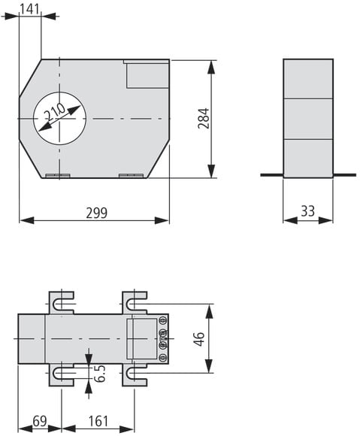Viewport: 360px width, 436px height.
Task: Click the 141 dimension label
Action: (30, 9)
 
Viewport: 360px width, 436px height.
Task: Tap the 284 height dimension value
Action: (203, 118)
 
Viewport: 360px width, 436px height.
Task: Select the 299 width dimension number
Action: (96, 213)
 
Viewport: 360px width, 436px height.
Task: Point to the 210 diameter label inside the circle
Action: (56, 112)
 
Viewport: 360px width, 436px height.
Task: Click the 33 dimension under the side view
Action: (307, 211)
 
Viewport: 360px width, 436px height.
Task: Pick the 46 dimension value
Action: (199, 339)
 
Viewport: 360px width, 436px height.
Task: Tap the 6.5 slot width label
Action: (99, 373)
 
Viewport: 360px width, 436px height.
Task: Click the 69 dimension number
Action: (40, 421)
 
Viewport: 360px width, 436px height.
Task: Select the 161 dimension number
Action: (98, 421)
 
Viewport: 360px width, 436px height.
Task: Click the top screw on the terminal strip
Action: (163, 320)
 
